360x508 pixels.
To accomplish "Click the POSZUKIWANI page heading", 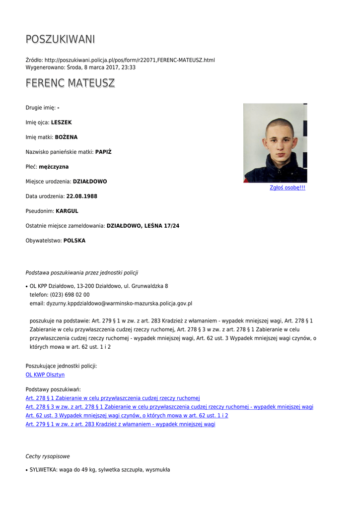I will click(x=60, y=39).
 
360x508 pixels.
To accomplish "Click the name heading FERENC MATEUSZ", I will click(x=70, y=83).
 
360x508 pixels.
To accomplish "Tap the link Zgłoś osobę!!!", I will click(x=287, y=188).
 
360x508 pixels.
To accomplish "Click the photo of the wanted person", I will click(x=275, y=143).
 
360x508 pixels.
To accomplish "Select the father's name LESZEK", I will click(x=62, y=122).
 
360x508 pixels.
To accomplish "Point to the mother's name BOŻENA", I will click(x=66, y=137).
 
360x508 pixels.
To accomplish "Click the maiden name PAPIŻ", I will click(x=103, y=152).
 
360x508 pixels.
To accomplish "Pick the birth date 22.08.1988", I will click(x=81, y=196).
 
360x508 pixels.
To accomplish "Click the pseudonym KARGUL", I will click(x=67, y=211).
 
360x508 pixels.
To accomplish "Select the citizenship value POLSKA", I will click(x=74, y=241).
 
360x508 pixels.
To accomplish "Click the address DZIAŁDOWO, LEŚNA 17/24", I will click(x=143, y=226).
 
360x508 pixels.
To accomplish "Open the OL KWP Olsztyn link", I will click(x=45, y=375).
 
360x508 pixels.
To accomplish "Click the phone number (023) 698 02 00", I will click(x=70, y=295).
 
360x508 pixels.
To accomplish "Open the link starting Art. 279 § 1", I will click(x=120, y=424).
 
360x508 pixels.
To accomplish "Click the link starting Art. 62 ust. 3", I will click(x=127, y=415).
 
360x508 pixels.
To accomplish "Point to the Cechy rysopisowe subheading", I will click(x=48, y=456).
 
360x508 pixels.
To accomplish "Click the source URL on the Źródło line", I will click(x=130, y=60).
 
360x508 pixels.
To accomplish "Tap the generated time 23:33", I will click(x=128, y=67).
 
